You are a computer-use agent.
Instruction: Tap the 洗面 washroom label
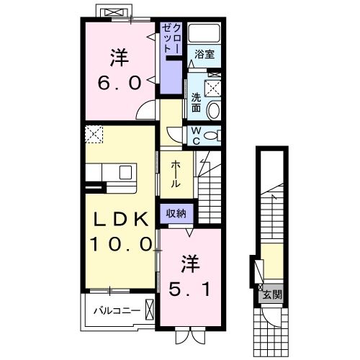196,103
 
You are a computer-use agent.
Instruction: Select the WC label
195,135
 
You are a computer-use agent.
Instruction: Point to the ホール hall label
176,174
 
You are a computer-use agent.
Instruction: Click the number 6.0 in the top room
119,82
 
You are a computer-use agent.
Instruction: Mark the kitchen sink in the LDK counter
126,173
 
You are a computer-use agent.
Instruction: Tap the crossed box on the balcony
149,311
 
